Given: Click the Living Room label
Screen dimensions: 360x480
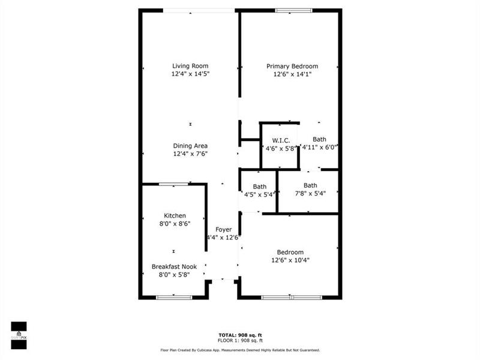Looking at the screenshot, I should point(190,66).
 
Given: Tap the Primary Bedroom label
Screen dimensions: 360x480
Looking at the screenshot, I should point(292,66).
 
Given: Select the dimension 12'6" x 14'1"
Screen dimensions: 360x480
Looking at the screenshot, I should point(292,74).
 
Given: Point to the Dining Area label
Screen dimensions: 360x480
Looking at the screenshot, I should point(190,146).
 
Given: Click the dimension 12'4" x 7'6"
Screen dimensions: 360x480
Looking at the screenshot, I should point(190,154).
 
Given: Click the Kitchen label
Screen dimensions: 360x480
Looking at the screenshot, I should point(175,215).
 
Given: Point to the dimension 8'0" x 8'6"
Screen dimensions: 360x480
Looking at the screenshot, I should point(175,224).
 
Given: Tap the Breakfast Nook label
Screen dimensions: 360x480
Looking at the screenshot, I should point(174,266).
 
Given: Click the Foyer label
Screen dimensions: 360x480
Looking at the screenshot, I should point(223,229).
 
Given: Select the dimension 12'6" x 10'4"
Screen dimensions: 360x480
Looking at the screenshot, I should point(290,260).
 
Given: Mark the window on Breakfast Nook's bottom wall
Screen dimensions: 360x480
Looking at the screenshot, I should point(174,297).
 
